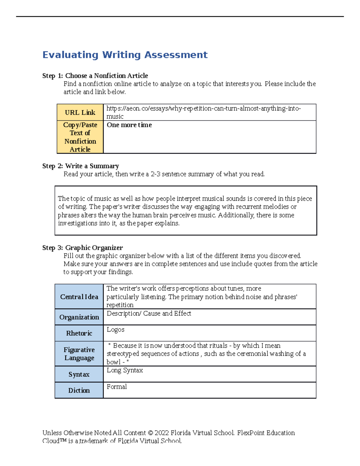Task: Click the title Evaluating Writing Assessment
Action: tap(125, 55)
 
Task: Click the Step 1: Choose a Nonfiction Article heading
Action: tap(95, 76)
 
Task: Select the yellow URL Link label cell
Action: tap(80, 113)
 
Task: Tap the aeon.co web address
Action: tap(203, 109)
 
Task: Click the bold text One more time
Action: tap(129, 125)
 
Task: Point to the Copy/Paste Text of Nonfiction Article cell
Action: tap(80, 137)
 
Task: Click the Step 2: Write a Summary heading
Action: tap(80, 166)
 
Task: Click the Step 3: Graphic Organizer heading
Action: tap(82, 248)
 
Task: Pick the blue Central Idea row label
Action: tap(79, 297)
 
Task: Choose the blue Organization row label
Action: tap(79, 317)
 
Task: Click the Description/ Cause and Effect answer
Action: tap(149, 314)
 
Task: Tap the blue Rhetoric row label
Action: tap(79, 333)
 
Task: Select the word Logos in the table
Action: tap(115, 330)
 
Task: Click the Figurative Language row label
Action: tap(79, 354)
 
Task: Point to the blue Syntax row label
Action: tap(79, 374)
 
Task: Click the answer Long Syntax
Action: tap(125, 371)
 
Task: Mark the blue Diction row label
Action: tap(79, 390)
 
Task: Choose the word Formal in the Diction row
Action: tap(117, 387)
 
